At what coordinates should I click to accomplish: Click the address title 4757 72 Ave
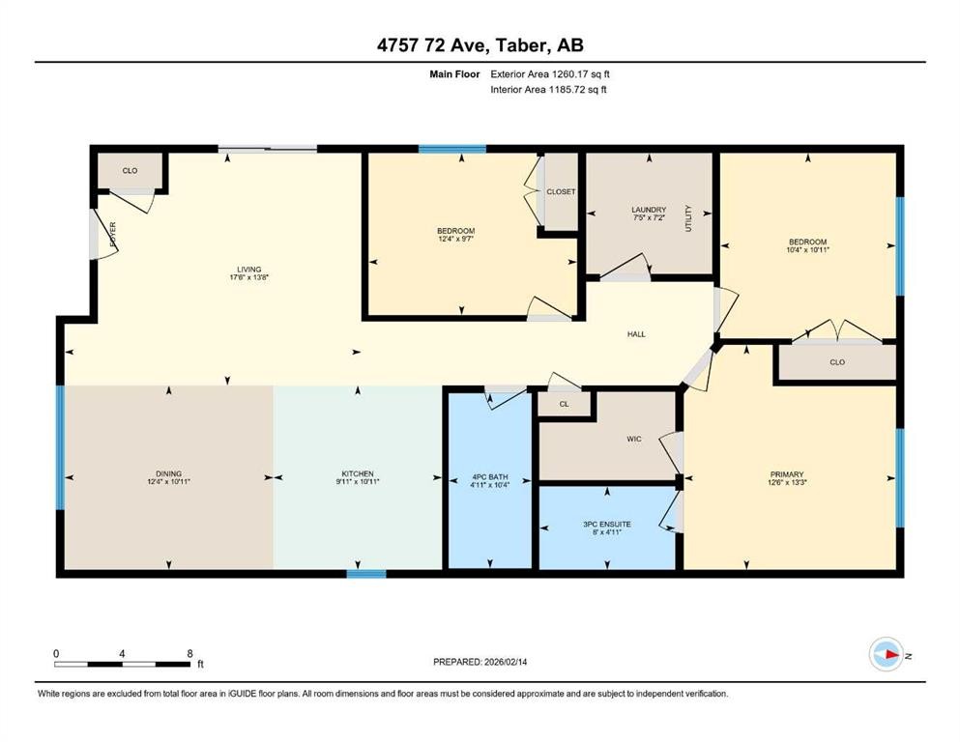click(x=480, y=45)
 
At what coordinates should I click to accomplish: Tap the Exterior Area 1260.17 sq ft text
click(x=550, y=72)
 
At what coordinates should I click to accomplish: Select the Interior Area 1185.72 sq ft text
click(x=548, y=89)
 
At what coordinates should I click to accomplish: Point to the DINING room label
click(x=169, y=473)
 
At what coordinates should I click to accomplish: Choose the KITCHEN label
click(x=357, y=473)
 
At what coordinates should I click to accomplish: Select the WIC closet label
click(x=634, y=439)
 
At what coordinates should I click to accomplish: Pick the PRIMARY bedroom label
click(x=786, y=473)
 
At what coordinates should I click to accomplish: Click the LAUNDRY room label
click(x=648, y=209)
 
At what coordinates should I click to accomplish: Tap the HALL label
click(x=635, y=334)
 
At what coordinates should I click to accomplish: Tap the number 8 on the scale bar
click(x=189, y=653)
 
